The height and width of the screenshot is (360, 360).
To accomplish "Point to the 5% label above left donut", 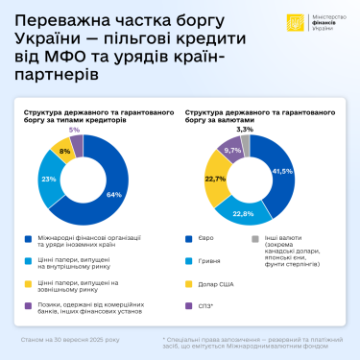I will pos(75,129).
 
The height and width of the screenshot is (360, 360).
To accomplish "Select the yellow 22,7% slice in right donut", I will pos(215,178).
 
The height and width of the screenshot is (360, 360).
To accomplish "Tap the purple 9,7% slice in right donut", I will pos(231,151).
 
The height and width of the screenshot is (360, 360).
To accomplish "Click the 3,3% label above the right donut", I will pos(245,128).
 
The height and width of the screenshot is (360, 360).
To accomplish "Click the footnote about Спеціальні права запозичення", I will pos(254,343).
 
